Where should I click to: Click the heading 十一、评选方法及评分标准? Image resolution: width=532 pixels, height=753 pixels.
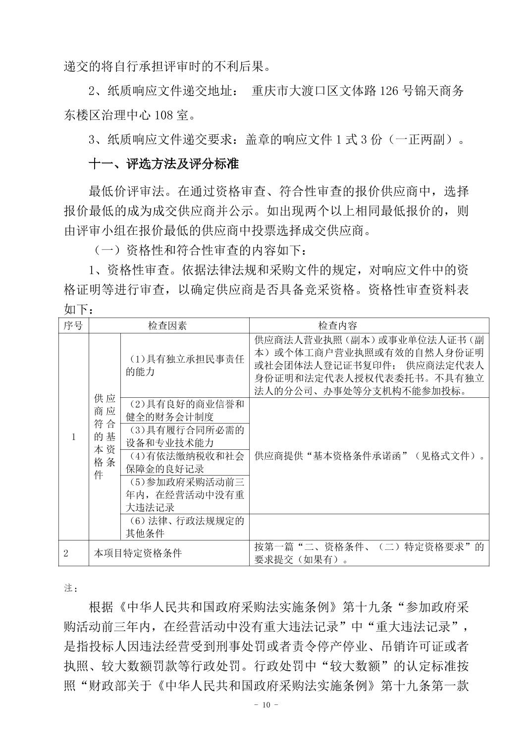tap(163, 164)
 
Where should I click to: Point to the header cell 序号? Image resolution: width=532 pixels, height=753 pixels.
tap(73, 325)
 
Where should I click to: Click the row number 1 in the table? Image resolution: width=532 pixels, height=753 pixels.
tap(74, 436)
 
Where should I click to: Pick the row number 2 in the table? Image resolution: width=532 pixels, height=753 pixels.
tap(66, 553)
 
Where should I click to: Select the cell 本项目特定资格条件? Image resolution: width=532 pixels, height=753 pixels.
tap(138, 553)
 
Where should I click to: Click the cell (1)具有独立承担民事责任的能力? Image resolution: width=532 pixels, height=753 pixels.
tap(184, 366)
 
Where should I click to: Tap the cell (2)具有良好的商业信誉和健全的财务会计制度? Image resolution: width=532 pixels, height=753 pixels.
tap(184, 410)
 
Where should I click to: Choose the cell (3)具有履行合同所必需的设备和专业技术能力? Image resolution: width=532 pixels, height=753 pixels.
tap(184, 436)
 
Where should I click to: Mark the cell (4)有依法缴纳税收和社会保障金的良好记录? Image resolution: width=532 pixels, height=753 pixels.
tap(184, 462)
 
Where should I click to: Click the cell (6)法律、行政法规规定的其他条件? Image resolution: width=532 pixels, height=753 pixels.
tap(184, 527)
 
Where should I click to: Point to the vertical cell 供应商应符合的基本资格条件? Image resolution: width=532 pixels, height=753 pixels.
tap(105, 436)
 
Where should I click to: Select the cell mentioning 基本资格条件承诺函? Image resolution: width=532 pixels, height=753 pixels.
tap(369, 456)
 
